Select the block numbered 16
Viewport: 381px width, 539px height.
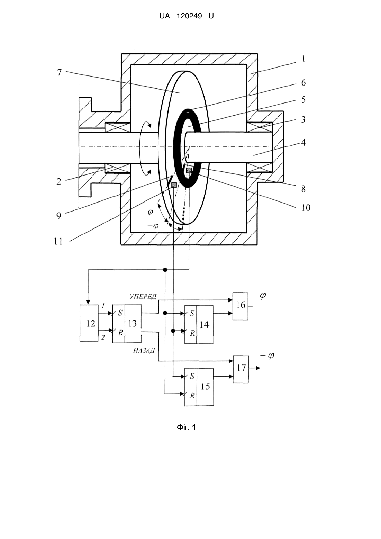click(240, 306)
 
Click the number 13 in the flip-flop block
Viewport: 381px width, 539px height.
click(132, 323)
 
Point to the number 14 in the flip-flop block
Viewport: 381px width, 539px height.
click(204, 325)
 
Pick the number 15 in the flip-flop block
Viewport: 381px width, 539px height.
click(205, 386)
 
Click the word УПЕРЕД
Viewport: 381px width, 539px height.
click(143, 296)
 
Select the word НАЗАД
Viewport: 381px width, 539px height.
click(144, 350)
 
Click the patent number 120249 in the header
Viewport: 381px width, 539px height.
click(189, 16)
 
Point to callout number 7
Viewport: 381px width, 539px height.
click(60, 72)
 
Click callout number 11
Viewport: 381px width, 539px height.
click(58, 241)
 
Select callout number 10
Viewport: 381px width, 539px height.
click(306, 207)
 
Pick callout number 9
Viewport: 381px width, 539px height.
click(59, 216)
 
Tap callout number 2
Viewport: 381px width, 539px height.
click(59, 181)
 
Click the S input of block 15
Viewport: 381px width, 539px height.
click(192, 376)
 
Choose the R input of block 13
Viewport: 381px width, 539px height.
click(120, 332)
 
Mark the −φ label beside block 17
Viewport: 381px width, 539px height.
click(267, 356)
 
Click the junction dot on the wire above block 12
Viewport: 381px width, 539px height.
click(165, 270)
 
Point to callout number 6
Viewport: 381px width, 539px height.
click(303, 82)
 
